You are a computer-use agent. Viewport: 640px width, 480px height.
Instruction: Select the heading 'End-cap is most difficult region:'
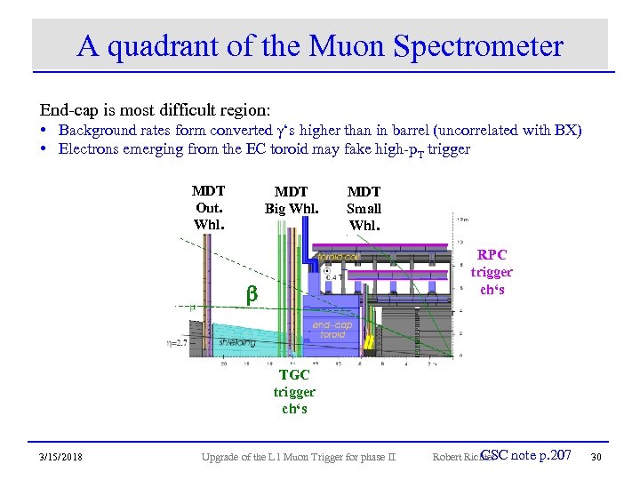pyautogui.click(x=154, y=111)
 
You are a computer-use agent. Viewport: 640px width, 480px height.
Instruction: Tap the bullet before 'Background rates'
pyautogui.click(x=44, y=131)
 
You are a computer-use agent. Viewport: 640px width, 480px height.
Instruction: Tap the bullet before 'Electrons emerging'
pyautogui.click(x=44, y=148)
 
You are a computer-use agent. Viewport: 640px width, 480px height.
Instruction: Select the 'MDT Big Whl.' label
pyautogui.click(x=291, y=200)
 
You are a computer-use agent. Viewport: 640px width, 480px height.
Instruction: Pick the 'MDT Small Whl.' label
pyautogui.click(x=364, y=208)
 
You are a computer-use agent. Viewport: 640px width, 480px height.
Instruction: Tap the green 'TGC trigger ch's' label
pyautogui.click(x=294, y=391)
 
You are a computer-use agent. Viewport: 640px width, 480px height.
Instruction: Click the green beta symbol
pyautogui.click(x=251, y=292)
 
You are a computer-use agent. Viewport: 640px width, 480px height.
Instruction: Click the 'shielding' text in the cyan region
pyautogui.click(x=234, y=342)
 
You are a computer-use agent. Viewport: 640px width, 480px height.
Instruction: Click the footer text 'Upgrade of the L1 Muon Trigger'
pyautogui.click(x=299, y=457)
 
